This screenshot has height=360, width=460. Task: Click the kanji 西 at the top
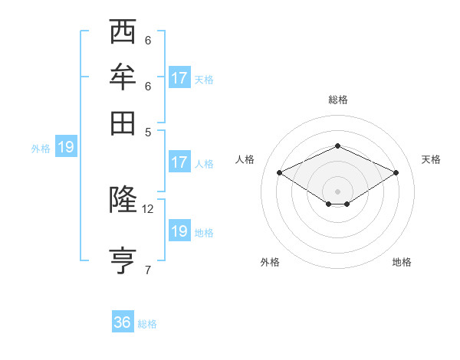coord(123,32)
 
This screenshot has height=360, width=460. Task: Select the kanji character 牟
coord(123,77)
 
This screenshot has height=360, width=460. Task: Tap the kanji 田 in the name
coord(123,122)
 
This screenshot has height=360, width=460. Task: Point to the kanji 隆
coord(123,199)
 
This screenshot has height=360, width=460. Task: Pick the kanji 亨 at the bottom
coord(123,259)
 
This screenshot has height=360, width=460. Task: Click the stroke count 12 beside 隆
coord(148,208)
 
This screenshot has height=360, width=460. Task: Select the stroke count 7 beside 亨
coord(148,269)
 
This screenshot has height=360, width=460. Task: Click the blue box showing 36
coord(123,322)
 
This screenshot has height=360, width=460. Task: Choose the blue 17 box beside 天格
coord(179,78)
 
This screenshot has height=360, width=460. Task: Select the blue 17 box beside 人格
coord(179,162)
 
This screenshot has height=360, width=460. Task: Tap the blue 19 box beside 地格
coord(179,231)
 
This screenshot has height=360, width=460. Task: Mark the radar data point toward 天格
coord(396,173)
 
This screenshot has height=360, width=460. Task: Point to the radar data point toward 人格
coord(280,173)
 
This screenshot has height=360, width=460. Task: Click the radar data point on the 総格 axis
coord(337,146)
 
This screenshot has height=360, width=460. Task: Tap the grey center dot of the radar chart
coord(337,190)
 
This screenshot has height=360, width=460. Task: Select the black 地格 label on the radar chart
coord(402,263)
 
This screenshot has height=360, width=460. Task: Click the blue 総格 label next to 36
coord(147,324)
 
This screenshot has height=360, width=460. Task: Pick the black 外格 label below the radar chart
coord(270,263)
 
